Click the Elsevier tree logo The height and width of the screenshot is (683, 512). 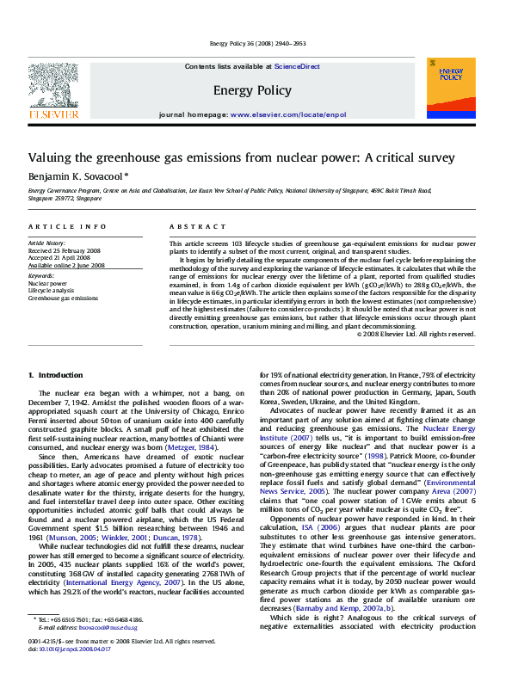[x=55, y=88]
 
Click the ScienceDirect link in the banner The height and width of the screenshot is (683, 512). [x=297, y=66]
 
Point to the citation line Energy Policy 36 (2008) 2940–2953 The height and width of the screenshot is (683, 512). [x=256, y=43]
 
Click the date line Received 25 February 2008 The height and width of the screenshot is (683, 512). [x=64, y=250]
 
